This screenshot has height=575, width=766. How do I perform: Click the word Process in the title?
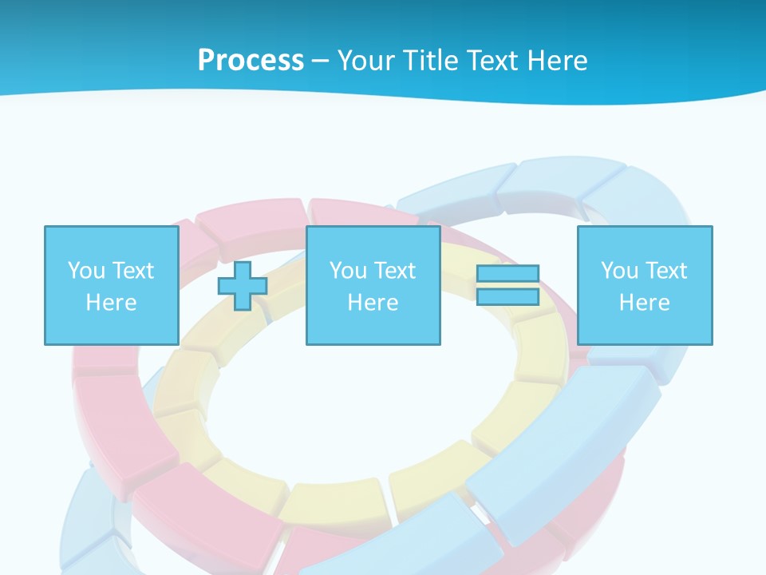coord(251,61)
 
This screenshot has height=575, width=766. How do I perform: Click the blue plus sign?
coord(243,286)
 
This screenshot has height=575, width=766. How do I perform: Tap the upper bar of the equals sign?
coord(507,274)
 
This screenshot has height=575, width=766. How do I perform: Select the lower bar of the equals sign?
coord(507,296)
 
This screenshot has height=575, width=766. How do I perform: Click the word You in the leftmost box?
coord(85,271)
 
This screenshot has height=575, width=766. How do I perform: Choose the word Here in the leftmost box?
coord(111,303)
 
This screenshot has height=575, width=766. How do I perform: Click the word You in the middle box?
coord(347,271)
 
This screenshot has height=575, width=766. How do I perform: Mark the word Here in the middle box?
coord(373,303)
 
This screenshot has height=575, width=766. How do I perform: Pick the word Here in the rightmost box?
coord(644,303)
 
